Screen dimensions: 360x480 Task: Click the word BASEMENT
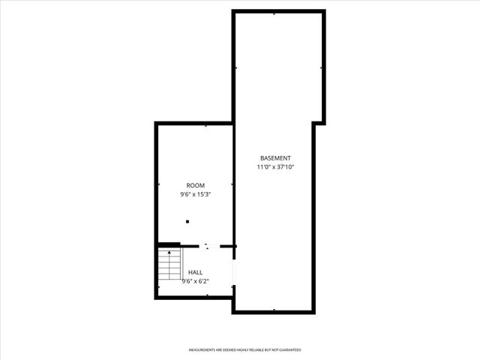275,157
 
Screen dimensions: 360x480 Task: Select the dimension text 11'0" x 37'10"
275,167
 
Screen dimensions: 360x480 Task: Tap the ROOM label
195,184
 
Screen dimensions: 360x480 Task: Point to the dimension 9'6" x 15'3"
195,194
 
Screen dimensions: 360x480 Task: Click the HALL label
195,272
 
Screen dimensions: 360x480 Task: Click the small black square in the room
187,221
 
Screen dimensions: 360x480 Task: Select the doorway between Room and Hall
209,245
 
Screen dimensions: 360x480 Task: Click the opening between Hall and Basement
234,272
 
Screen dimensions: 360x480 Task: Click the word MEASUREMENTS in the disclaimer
204,350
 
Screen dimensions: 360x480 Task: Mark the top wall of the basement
278,11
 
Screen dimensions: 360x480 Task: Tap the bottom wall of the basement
274,311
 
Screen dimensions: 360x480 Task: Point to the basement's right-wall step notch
319,124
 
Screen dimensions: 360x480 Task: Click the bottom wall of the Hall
195,297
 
